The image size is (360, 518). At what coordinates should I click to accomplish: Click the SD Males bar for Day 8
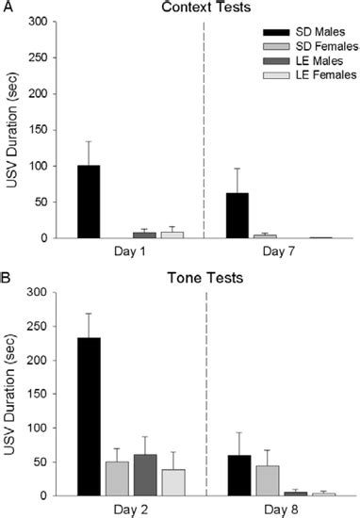(x=239, y=475)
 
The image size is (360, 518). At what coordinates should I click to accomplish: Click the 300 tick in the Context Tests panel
(x=41, y=23)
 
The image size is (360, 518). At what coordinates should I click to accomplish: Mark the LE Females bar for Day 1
(x=172, y=235)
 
